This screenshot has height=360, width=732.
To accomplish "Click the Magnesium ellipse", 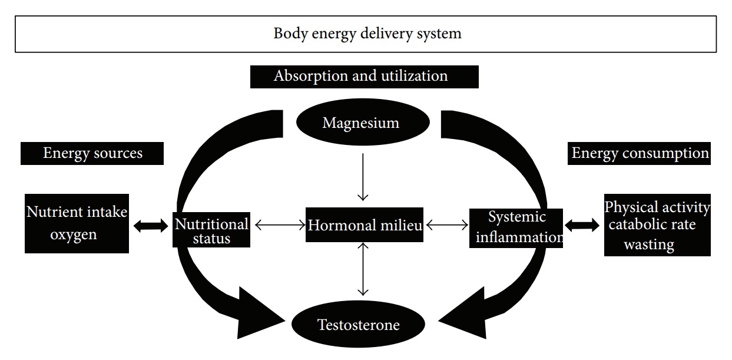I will coord(360,123).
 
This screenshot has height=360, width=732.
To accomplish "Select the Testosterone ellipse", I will coord(358,325).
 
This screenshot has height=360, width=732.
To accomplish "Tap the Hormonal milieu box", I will coord(365,224).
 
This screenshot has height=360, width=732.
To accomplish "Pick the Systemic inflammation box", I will coord(516,227).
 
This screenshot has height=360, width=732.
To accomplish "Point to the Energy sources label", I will coord(92,154).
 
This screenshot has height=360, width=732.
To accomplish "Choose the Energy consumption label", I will coord(640,154).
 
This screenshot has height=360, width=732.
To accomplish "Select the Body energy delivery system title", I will coord(366,34).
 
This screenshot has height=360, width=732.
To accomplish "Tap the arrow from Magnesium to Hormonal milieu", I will coord(363,177).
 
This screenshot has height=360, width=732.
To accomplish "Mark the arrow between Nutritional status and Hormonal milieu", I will coord(279,224).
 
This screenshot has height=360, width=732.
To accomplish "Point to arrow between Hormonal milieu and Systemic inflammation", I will coord(446,224).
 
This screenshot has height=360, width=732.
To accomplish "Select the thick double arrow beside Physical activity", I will coord(582,224).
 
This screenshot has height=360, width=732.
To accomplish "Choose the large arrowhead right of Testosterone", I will coord(465,312).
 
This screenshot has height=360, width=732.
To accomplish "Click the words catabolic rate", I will coord(652,225).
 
